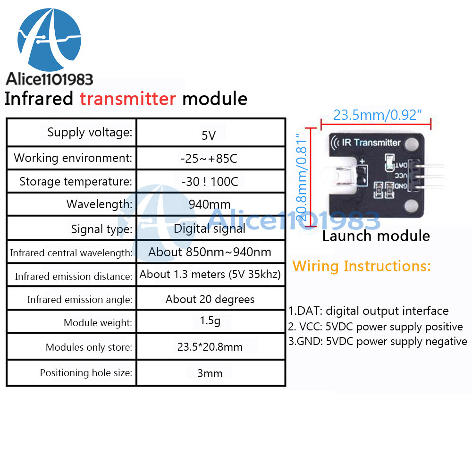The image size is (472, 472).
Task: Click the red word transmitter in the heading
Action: (127, 99)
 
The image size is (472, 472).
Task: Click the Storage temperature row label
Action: (76, 182)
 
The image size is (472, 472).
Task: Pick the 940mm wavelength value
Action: (210, 204)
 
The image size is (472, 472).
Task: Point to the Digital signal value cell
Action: (210, 229)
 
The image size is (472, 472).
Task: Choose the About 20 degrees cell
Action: (210, 299)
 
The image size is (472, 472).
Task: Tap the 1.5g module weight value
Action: (210, 321)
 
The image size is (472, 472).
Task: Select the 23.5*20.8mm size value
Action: (210, 347)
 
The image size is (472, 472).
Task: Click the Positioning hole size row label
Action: (86, 373)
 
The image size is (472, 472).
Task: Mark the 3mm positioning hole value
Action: (210, 373)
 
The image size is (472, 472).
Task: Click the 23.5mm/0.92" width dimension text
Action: (377, 115)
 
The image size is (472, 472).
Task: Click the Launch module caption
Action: (376, 236)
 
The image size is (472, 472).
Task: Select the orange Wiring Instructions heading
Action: (362, 266)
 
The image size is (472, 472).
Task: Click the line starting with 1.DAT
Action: (368, 311)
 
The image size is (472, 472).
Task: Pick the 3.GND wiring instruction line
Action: (378, 341)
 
